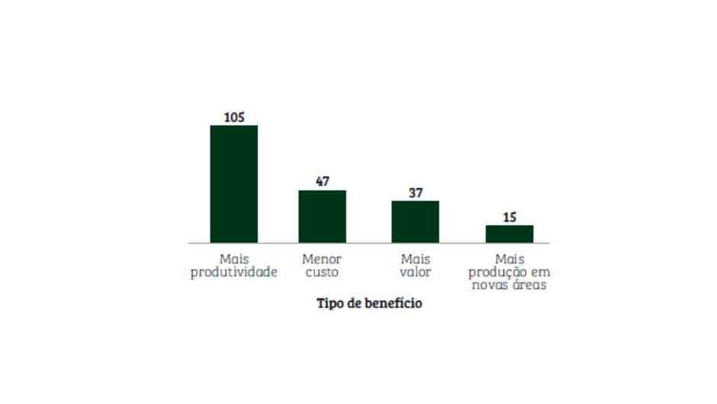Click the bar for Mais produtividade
coord(233,184)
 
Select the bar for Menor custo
coord(322,216)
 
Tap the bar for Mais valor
coord(415,222)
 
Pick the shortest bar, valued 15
coord(510,234)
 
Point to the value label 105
coord(233,117)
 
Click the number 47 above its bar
coord(322,182)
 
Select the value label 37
coord(415,193)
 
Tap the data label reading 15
coord(510,217)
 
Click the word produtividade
coord(233,272)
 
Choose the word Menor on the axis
coord(322,259)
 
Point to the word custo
coord(322,272)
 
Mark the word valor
coord(415,272)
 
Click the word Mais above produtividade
coord(233,259)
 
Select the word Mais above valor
coord(415,259)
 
